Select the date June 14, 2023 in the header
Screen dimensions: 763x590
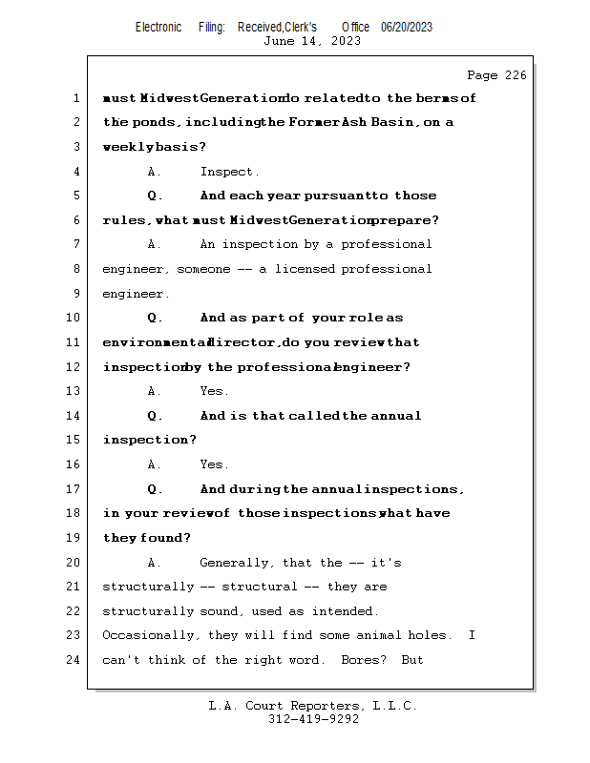[312, 41]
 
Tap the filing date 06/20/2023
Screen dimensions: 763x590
[407, 28]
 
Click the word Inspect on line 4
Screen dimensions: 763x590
[229, 172]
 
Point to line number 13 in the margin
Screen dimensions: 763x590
[74, 391]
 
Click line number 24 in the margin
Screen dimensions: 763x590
[74, 660]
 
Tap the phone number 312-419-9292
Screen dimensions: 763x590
[313, 720]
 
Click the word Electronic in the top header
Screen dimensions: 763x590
[158, 28]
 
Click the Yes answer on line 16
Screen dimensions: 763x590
[214, 464]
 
